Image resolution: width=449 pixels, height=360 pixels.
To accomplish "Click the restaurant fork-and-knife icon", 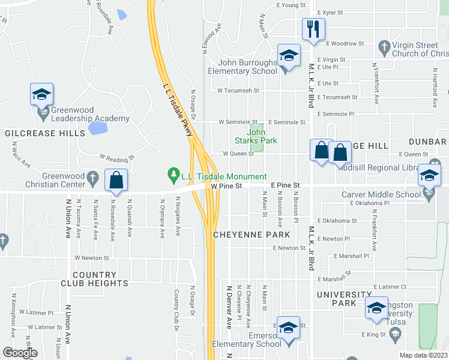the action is pyautogui.click(x=313, y=29).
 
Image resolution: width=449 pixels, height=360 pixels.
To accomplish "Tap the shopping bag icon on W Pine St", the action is pyautogui.click(x=116, y=180).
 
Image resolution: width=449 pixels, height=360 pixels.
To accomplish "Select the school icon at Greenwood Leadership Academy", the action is pyautogui.click(x=42, y=94).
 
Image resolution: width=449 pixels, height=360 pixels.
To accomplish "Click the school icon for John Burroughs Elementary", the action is pyautogui.click(x=289, y=57).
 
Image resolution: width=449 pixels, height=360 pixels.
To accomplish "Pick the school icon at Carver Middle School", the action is pyautogui.click(x=430, y=175).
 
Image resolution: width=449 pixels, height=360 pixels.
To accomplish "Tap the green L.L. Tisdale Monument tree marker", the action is pyautogui.click(x=174, y=176).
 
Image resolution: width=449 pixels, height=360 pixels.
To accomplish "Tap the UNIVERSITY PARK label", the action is pyautogui.click(x=345, y=299).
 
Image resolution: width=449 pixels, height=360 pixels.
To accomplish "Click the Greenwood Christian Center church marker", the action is pyautogui.click(x=92, y=177).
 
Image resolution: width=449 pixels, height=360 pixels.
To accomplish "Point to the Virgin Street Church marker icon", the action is pyautogui.click(x=384, y=46).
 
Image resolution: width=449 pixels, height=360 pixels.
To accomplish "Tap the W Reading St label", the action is pyautogui.click(x=116, y=158).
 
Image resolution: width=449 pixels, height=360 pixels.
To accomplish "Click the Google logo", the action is pyautogui.click(x=20, y=353).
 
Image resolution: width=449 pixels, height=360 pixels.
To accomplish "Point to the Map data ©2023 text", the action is pyautogui.click(x=424, y=355).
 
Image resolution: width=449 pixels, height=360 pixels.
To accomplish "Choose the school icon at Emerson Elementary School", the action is pyautogui.click(x=289, y=328).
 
